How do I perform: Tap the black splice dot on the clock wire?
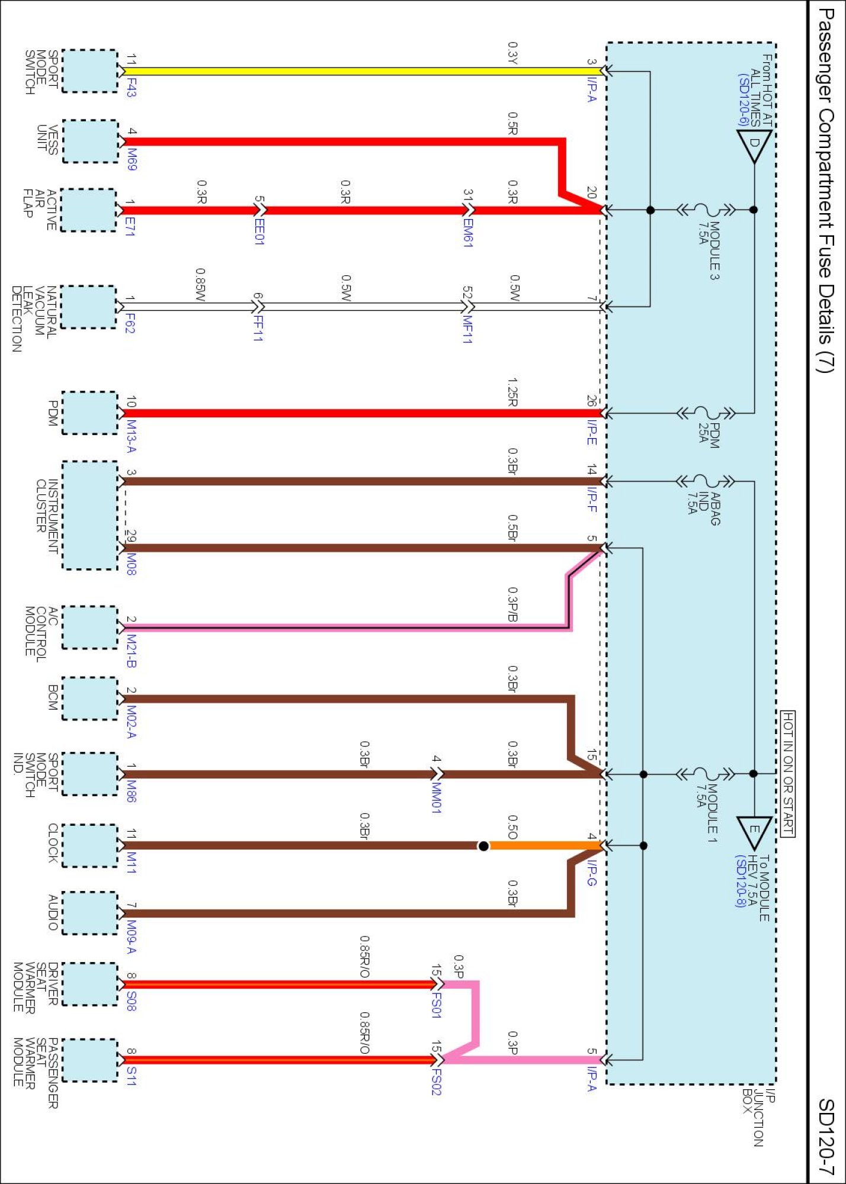[x=483, y=846]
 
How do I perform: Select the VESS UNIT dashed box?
[x=90, y=141]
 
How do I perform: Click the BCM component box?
[x=90, y=699]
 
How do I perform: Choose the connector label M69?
[x=132, y=159]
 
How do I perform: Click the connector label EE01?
[x=259, y=231]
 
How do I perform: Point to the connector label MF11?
[x=467, y=330]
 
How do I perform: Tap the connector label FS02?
[x=437, y=1081]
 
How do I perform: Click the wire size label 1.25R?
[x=513, y=392]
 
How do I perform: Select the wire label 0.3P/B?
[x=513, y=604]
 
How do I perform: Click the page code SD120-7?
[x=826, y=1137]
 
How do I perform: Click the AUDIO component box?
[x=90, y=913]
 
